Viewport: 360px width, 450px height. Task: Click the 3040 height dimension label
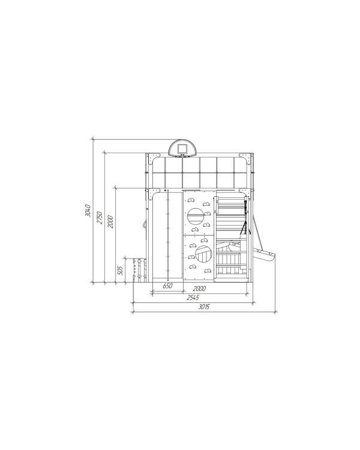[x=88, y=211]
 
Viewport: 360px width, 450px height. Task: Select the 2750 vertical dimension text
[x=100, y=218]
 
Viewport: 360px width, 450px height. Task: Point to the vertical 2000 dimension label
[x=110, y=221]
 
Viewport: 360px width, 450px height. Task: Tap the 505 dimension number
[x=121, y=271]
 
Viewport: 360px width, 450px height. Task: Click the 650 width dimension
[x=167, y=286]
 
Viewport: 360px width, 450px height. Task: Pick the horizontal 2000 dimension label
[x=199, y=289]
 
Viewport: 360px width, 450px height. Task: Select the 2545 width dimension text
[x=193, y=298]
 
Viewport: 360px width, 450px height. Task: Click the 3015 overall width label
[x=204, y=307]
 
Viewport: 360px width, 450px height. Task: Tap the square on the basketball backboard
[x=182, y=149]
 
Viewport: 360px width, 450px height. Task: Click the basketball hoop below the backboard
[x=182, y=156]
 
